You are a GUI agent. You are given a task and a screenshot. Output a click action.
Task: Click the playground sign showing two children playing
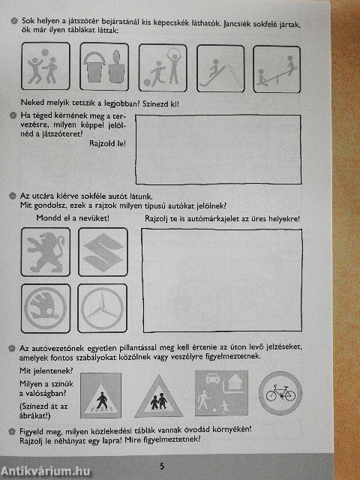coord(44,67)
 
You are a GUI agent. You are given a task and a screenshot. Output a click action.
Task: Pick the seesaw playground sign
coord(276,70)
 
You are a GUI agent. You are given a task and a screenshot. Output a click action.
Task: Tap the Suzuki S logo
coord(103,252)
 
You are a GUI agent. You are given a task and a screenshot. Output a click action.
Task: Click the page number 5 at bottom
coord(160,466)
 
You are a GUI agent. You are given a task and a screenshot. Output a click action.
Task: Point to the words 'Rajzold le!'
coord(106,144)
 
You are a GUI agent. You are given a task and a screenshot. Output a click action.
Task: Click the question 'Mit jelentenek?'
coord(46,370)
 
